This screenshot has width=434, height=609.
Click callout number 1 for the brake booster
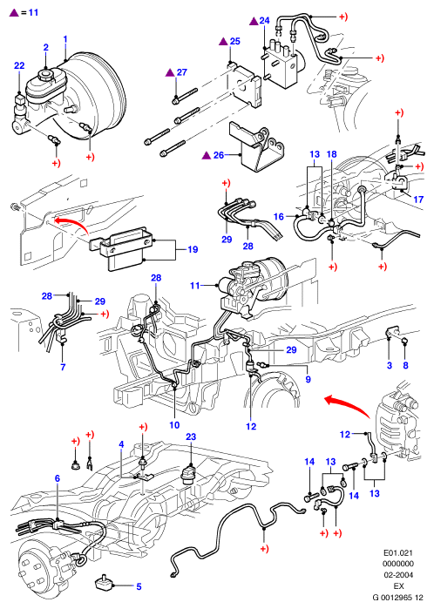65,39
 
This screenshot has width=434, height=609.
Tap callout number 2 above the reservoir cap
46,47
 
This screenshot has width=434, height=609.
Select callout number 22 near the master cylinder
19,65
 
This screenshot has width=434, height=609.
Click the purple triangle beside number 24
254,21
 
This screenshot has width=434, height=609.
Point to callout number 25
235,41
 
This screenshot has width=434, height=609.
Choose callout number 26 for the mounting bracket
219,155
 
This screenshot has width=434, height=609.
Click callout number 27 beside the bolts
182,72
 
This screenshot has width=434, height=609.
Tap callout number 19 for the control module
193,249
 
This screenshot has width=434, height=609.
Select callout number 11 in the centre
195,286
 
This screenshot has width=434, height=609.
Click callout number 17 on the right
418,200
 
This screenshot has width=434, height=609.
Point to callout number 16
279,216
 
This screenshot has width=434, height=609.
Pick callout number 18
331,154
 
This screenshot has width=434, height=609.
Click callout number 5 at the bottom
139,586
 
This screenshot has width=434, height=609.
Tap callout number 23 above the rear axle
191,437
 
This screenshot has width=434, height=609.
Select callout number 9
309,379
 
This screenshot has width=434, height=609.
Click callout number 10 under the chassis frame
174,425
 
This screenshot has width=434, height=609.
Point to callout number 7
63,367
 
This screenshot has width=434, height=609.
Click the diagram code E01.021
398,552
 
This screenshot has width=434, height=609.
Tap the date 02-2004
398,575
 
